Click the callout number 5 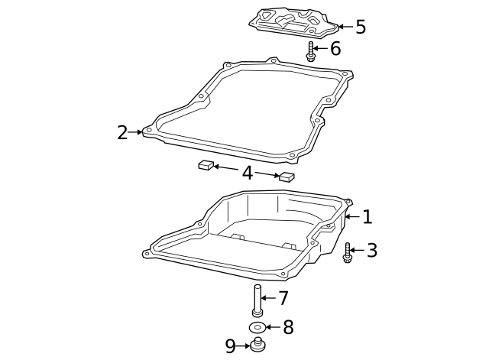(x=361, y=27)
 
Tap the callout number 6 (x=335, y=49)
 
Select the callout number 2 (x=122, y=132)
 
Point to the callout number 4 (x=248, y=173)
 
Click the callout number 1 (x=368, y=217)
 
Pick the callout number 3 (x=372, y=250)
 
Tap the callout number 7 (x=283, y=298)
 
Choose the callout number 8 (x=288, y=327)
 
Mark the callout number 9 (x=230, y=346)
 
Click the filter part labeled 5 (x=293, y=22)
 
